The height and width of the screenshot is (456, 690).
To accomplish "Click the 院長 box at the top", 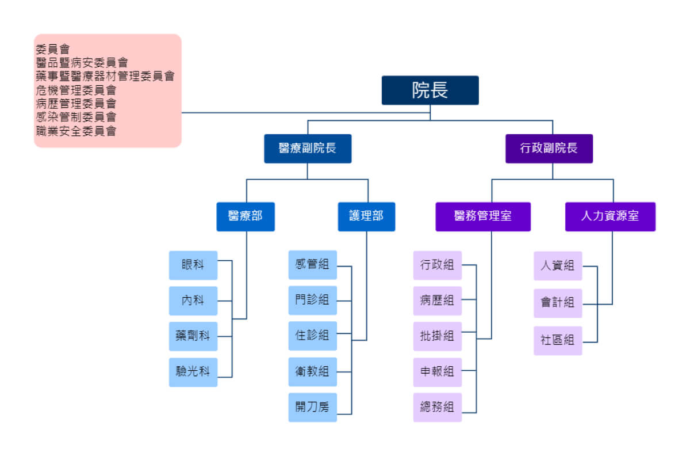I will coord(430,90).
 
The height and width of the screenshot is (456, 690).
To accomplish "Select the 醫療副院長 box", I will coord(308,148).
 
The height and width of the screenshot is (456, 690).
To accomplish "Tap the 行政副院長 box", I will coord(549,148).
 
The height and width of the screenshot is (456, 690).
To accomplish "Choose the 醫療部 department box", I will coord(246,216).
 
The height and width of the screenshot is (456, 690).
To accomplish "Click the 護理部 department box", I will coord(366,216).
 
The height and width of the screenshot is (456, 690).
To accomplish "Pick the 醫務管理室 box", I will coord(483,216).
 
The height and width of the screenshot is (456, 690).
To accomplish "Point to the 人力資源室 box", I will coord(610,216).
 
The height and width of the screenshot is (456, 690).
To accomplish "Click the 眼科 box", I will coord(193,265).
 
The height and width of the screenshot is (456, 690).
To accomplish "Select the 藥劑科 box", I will coord(193,336).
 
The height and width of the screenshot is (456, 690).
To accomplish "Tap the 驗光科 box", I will coord(193,372).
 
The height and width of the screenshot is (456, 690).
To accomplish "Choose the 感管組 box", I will coord(313,265).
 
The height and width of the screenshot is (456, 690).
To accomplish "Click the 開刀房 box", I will coord(313,408).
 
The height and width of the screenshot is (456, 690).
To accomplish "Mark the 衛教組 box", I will coord(313,372).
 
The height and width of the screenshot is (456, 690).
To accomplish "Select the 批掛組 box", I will coord(438,336).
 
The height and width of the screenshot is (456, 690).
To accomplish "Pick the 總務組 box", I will coord(438,408).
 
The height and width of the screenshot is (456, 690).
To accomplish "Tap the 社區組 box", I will coord(558,340).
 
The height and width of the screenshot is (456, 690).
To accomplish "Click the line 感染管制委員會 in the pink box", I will coord(76,117).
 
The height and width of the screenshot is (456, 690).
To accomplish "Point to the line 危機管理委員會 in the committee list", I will coord(76,90).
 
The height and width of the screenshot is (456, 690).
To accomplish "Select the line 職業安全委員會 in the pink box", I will coord(76,131).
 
